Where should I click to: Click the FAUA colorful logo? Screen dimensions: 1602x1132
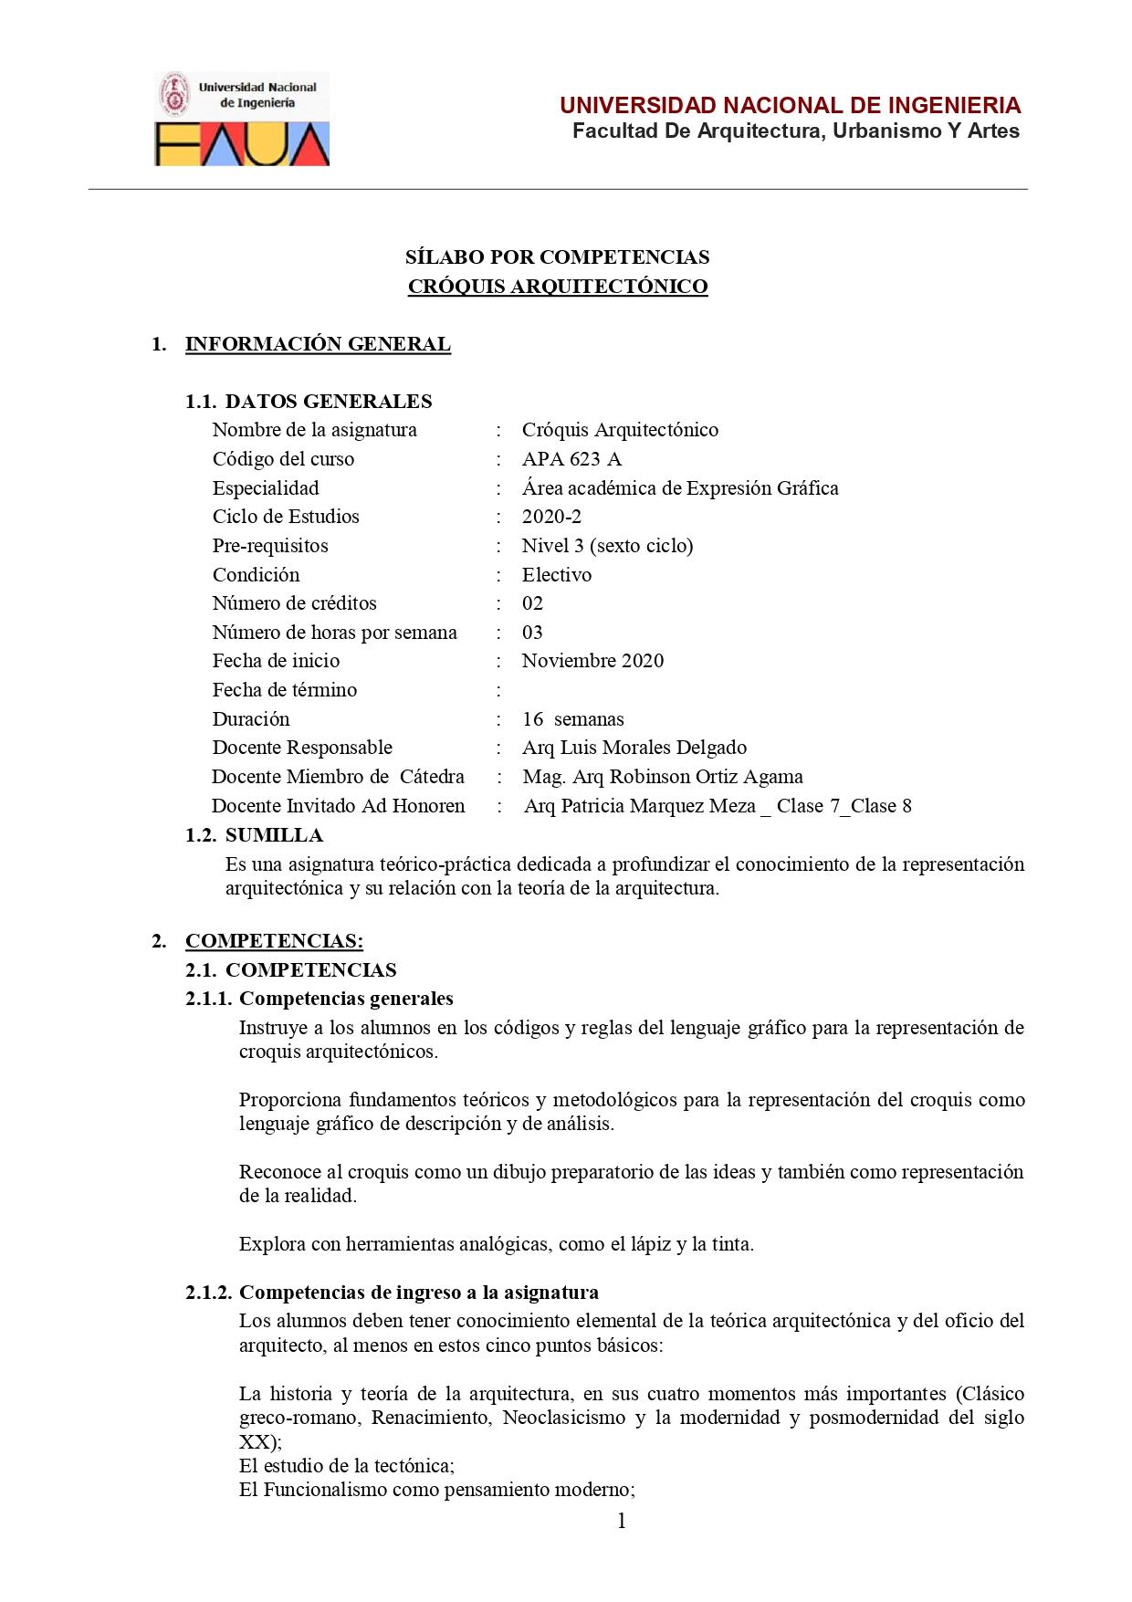pos(242,144)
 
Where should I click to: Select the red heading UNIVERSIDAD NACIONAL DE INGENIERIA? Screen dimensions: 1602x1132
pos(790,105)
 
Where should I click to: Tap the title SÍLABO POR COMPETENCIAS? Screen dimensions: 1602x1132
pos(557,257)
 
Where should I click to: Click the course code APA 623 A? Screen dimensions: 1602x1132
pos(571,459)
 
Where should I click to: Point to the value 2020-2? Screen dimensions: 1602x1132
pos(551,517)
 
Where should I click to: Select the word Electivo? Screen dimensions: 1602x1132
pos(557,575)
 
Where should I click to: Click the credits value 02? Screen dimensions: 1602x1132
pos(532,603)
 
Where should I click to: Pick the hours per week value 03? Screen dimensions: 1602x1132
pos(532,633)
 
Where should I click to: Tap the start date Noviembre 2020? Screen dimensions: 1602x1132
pos(592,661)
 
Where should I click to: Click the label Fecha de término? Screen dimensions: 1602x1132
pos(285,690)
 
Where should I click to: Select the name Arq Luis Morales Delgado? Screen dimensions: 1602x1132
pos(634,748)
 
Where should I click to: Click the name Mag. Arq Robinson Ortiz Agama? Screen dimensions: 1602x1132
pos(663,777)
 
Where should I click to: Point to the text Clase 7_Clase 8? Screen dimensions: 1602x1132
pos(844,806)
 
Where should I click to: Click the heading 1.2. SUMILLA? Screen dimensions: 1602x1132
pos(254,835)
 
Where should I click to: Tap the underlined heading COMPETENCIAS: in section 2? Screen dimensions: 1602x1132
pos(274,941)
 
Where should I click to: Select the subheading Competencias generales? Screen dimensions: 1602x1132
pos(346,999)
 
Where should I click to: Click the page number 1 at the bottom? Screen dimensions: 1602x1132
pos(622,1521)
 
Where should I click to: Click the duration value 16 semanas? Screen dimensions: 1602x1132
pos(573,719)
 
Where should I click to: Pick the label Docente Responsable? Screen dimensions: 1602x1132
pos(302,748)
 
